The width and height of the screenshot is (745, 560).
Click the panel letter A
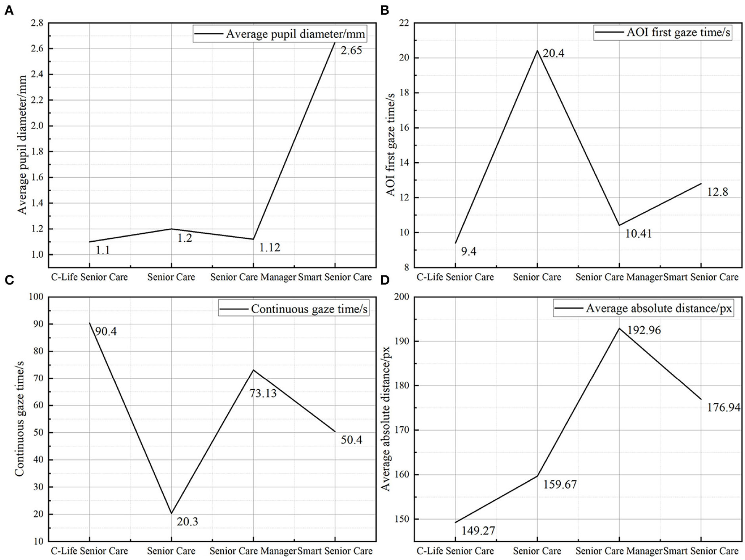click(8, 11)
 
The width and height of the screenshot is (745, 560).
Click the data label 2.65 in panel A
click(351, 51)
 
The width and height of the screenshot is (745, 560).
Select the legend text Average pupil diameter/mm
click(296, 34)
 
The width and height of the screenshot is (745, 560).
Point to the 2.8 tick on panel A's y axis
click(37, 23)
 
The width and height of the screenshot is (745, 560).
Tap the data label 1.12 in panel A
click(269, 248)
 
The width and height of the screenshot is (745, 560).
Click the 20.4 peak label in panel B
click(553, 53)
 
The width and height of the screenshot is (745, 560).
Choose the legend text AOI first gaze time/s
click(678, 32)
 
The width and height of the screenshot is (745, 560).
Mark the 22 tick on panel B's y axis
click(403, 23)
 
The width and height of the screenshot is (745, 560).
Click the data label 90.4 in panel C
click(106, 332)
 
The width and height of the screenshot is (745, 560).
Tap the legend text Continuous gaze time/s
click(309, 309)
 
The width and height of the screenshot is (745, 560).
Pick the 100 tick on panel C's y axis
click(35, 297)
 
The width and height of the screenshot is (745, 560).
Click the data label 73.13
click(263, 394)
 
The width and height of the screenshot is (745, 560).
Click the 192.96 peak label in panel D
click(644, 330)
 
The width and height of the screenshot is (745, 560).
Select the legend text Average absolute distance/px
click(659, 309)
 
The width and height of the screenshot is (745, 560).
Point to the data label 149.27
click(478, 531)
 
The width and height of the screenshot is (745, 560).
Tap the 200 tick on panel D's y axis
click(401, 297)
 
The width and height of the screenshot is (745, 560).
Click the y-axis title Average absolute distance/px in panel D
click(386, 419)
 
